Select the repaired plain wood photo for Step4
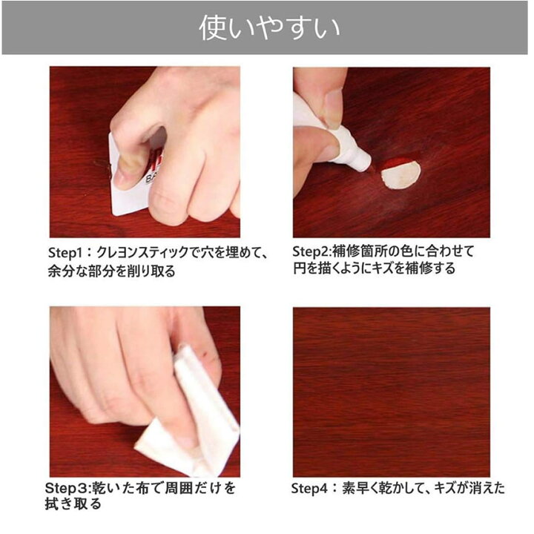pyautogui.click(x=391, y=391)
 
